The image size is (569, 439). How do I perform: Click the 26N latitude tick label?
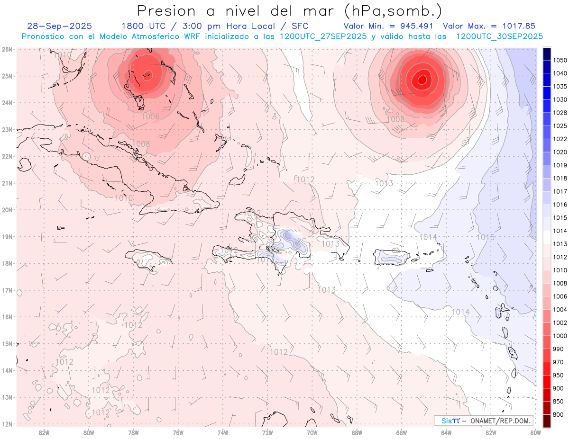[x=7, y=49]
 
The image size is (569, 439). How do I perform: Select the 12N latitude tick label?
[x=7, y=424]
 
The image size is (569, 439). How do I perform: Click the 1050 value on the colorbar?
[x=560, y=60]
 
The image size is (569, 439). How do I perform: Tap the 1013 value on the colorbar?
[x=560, y=244]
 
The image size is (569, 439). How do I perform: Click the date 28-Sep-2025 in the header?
[x=59, y=26]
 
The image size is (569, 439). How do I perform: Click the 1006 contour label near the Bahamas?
[x=150, y=116]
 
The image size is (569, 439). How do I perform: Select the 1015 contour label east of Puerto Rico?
[x=485, y=237]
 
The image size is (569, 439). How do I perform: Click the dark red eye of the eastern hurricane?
[x=422, y=79]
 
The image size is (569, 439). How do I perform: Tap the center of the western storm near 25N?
[x=147, y=74]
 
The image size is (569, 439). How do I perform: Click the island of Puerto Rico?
[x=392, y=257]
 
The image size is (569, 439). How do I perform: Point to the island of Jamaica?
[x=148, y=260]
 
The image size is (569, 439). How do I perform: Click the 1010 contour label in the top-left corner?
[x=62, y=55]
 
